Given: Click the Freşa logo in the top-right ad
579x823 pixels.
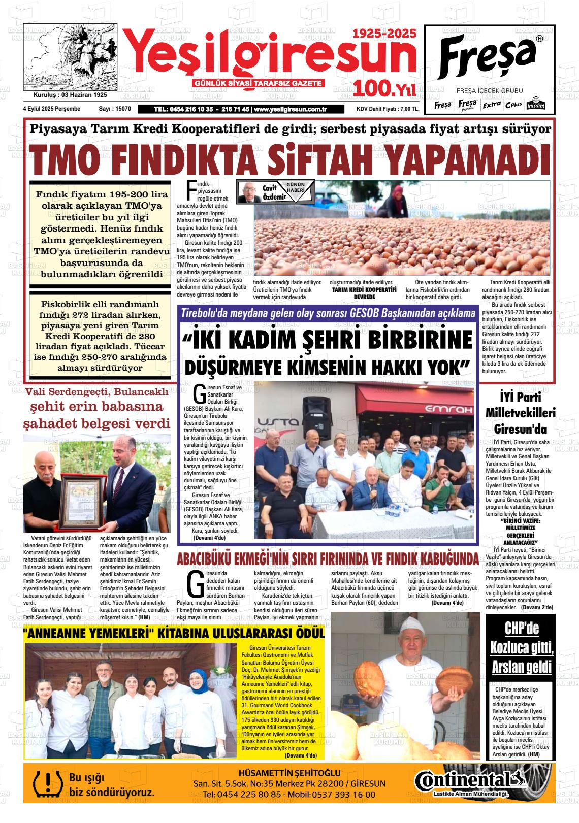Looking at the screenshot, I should pyautogui.click(x=489, y=54).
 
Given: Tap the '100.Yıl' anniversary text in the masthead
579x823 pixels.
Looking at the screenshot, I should pyautogui.click(x=385, y=89).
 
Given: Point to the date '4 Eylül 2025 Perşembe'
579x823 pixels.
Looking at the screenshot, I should pyautogui.click(x=51, y=109).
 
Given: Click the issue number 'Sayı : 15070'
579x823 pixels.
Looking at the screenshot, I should pyautogui.click(x=115, y=109).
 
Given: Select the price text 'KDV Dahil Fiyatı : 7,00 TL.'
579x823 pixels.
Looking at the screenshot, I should pyautogui.click(x=388, y=109).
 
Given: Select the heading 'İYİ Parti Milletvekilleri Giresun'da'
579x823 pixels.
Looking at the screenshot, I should pyautogui.click(x=521, y=413).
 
